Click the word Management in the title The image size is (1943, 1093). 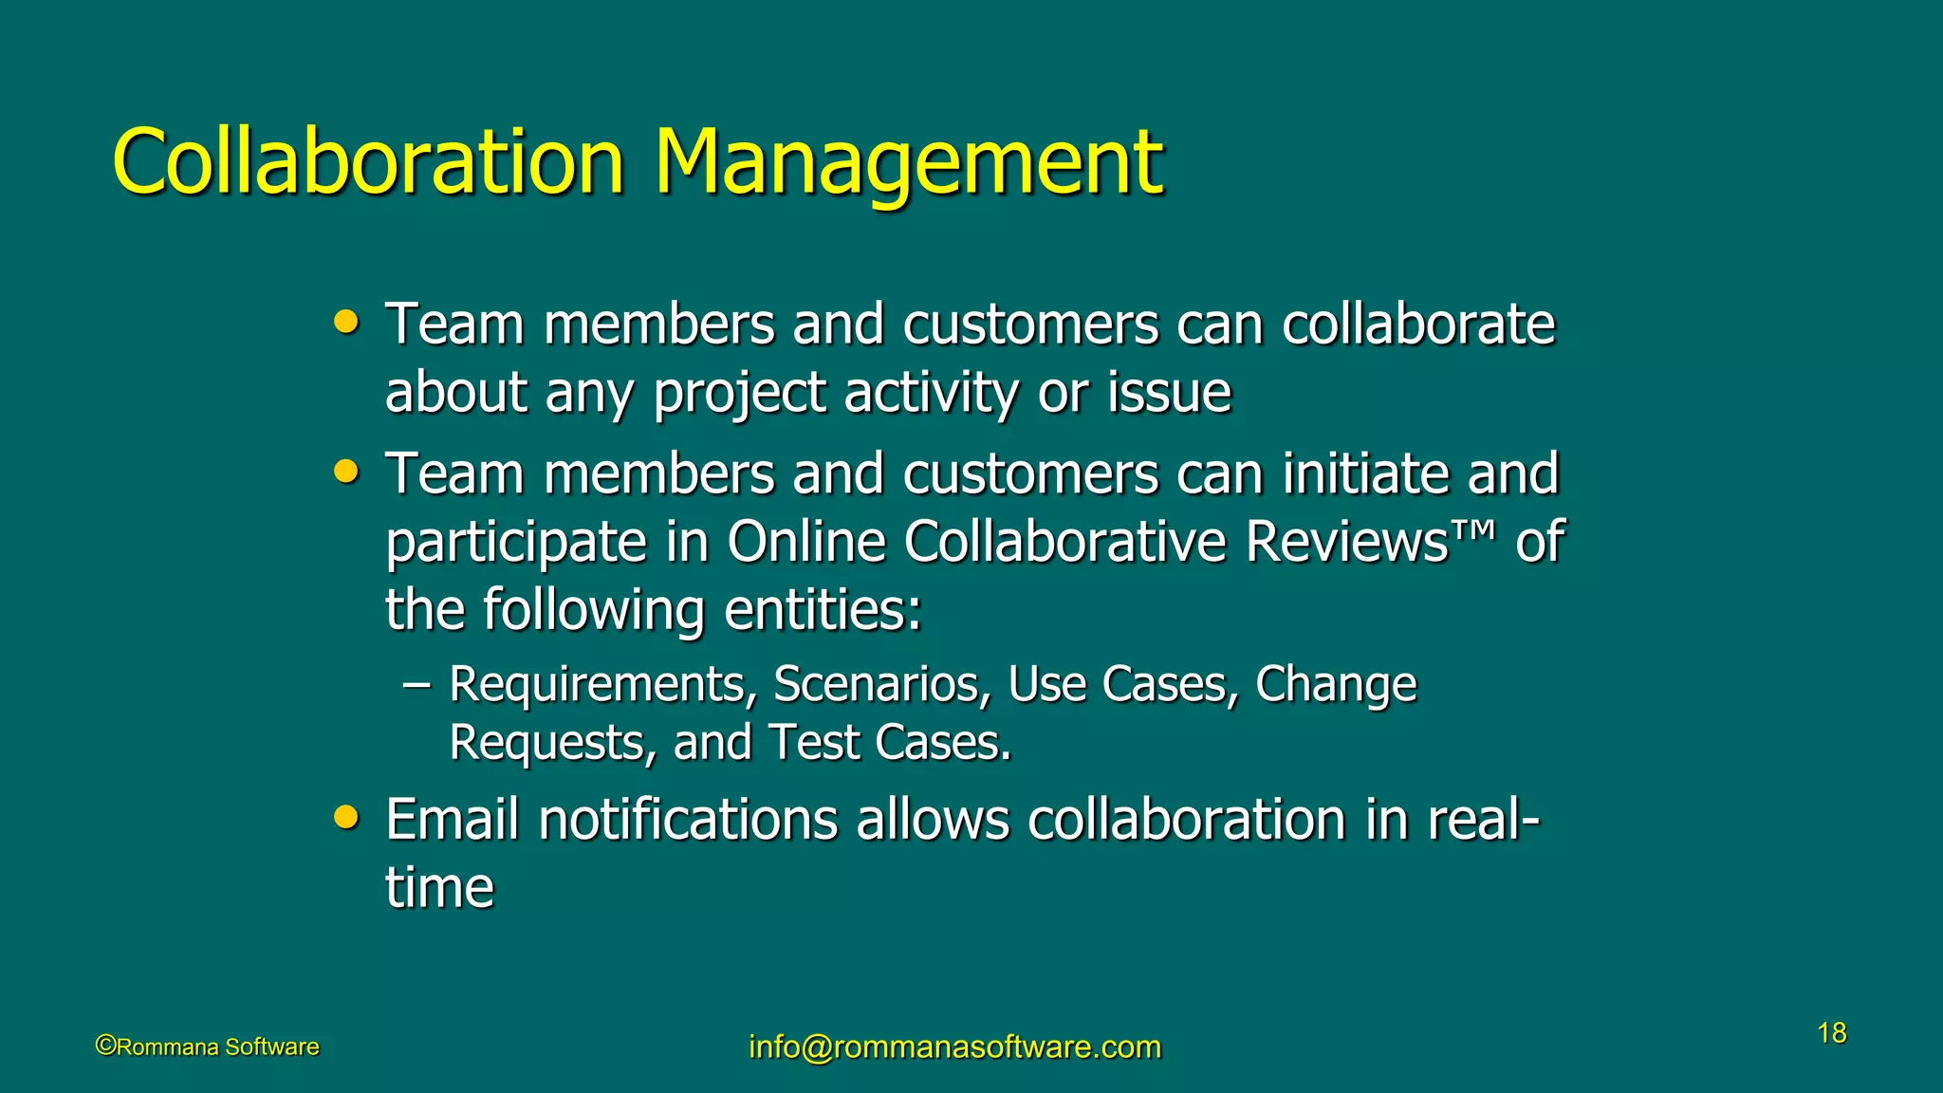908,163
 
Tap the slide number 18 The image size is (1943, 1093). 1832,1033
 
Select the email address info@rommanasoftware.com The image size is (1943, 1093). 954,1047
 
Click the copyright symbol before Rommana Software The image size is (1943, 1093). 105,1046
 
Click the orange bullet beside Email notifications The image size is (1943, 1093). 347,817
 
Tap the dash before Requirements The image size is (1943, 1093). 416,684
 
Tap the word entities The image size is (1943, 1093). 823,610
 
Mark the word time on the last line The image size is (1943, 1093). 439,888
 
